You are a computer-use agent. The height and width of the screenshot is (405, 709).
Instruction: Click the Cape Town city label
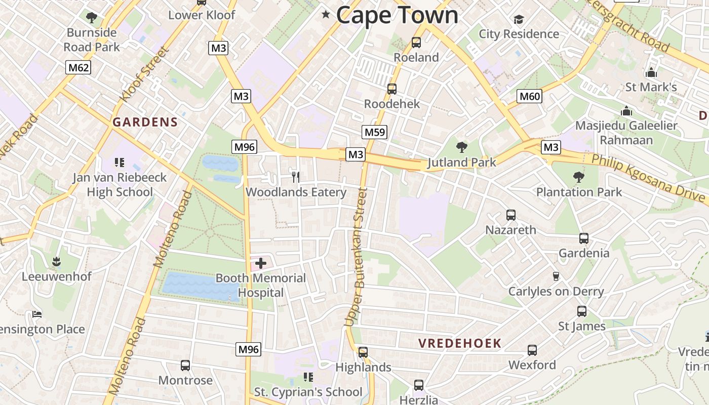click(x=397, y=15)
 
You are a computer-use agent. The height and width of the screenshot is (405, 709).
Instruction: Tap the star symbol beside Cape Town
click(x=326, y=15)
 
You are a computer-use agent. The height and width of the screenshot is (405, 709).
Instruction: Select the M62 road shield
click(x=78, y=67)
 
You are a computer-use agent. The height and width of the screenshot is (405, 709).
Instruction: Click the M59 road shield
click(x=375, y=133)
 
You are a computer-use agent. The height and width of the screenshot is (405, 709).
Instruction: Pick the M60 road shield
click(x=530, y=96)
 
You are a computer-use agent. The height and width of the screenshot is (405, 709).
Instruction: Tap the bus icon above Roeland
click(x=416, y=43)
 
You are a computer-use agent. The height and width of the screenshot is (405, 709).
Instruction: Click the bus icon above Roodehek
click(x=391, y=89)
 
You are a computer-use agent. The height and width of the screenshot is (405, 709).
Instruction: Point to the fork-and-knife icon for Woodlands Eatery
click(x=296, y=177)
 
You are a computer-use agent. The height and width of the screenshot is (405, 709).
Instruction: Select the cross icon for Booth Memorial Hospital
click(x=260, y=263)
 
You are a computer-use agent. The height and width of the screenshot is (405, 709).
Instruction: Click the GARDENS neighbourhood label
click(x=145, y=122)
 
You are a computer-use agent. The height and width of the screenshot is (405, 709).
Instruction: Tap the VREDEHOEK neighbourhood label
click(x=459, y=343)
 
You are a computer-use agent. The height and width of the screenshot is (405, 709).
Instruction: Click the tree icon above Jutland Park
click(x=461, y=147)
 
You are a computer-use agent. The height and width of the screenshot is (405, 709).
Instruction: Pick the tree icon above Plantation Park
click(x=578, y=177)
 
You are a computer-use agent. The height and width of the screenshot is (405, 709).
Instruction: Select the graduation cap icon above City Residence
click(x=519, y=20)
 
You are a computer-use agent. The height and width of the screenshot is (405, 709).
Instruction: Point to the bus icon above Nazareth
click(x=510, y=215)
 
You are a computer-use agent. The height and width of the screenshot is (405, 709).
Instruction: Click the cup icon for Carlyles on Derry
click(x=556, y=276)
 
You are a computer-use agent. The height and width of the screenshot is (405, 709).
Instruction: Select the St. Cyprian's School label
click(x=308, y=392)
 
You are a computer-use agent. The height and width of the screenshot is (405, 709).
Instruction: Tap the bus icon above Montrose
click(x=185, y=365)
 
